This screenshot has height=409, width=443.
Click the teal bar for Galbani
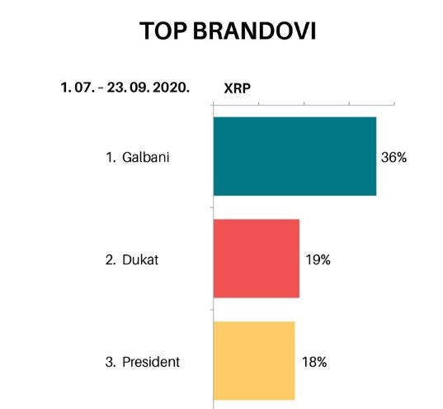coord(295,156)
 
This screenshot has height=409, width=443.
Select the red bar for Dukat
coord(257,259)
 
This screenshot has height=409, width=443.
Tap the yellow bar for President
coord(254,360)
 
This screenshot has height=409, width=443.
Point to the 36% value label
coord(394,157)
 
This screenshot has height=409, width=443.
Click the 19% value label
coord(318,259)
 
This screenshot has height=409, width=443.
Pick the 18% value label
coord(314,362)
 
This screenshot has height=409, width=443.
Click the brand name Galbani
coord(145,157)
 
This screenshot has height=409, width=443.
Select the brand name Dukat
coord(140,259)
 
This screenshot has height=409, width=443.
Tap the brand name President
coord(151,362)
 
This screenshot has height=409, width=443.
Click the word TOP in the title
coord(163,31)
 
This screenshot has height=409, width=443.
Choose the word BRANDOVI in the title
coord(254,31)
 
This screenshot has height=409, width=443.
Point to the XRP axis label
coord(237,88)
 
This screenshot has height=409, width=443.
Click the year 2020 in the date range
coord(171,88)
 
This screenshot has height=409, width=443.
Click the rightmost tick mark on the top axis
coord(394,102)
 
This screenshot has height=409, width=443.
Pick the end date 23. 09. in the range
coord(129,88)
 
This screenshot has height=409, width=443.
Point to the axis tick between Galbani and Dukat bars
coord(212,207)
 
